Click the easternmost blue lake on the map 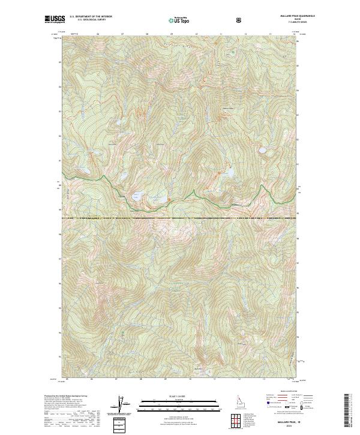tap(262, 151)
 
